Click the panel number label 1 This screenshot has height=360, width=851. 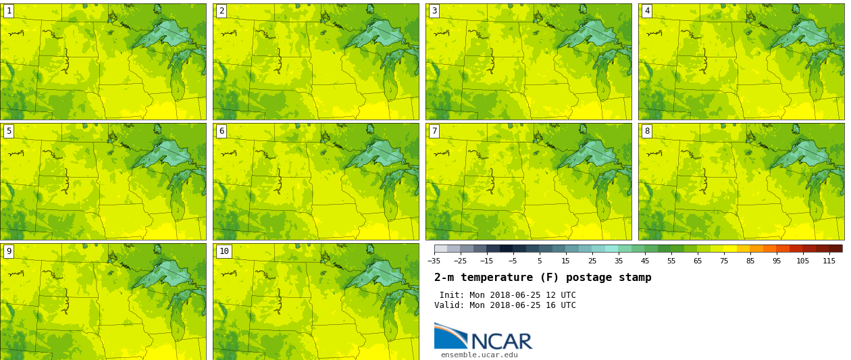[x=9, y=11]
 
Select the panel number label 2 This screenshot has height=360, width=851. [x=222, y=11]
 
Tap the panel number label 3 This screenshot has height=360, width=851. [x=434, y=11]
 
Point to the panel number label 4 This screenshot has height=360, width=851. [x=647, y=11]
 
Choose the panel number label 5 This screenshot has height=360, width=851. [x=9, y=131]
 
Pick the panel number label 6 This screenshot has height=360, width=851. [x=222, y=131]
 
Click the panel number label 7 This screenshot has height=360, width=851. [x=434, y=131]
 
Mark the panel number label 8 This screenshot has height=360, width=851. [x=647, y=131]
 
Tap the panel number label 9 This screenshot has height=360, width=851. [x=9, y=251]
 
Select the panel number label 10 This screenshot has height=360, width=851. [x=224, y=251]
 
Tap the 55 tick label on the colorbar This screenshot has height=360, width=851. [x=671, y=261]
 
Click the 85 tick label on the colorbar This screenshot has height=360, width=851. [x=750, y=261]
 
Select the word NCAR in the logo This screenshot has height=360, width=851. [x=501, y=342]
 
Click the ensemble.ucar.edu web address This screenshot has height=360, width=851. [x=479, y=355]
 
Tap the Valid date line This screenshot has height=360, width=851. [x=505, y=305]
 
